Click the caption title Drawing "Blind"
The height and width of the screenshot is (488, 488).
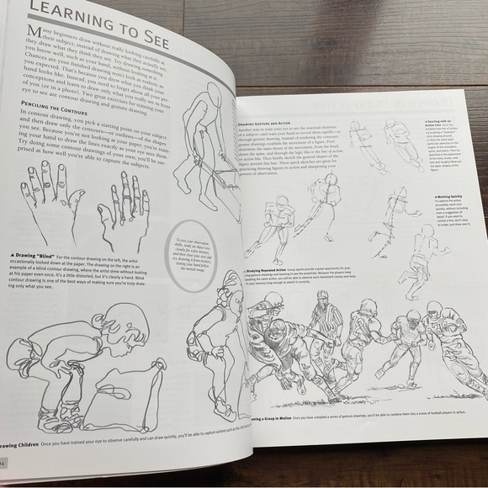33,255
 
